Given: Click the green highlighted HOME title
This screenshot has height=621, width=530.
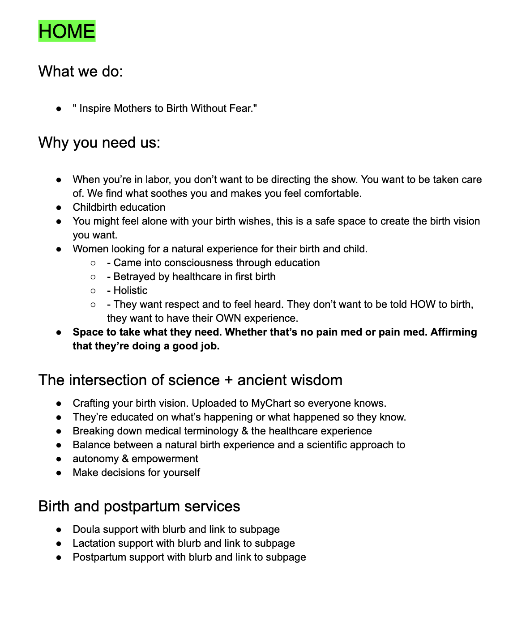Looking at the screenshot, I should coord(67,31).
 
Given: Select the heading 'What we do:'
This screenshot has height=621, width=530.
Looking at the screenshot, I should coord(81,71).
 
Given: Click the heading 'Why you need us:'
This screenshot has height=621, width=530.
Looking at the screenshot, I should coord(99,142).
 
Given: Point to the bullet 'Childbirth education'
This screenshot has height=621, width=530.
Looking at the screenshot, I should coord(119,207).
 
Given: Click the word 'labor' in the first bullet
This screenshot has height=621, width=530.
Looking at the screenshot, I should coord(156,179).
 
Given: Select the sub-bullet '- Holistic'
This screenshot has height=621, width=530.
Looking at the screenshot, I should coord(127,290).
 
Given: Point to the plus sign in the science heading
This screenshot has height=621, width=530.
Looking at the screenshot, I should coord(228,380).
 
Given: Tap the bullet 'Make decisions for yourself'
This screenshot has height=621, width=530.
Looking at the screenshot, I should coord(136,472).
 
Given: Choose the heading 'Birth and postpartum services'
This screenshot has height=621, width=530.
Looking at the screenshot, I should coord(139,506).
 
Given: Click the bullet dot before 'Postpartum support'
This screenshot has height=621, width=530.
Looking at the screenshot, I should coord(59,557).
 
